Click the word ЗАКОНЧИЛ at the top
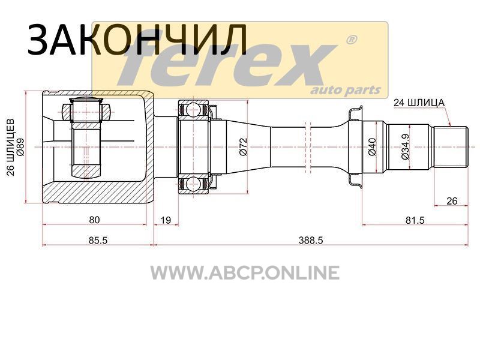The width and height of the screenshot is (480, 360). click(137, 40)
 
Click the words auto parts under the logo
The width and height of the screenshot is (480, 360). click(346, 91)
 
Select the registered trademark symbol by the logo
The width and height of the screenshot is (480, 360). click(351, 40)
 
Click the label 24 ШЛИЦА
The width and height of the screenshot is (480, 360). click(419, 103)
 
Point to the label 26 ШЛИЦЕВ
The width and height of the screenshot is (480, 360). click(11, 147)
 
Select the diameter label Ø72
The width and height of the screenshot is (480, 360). click(244, 147)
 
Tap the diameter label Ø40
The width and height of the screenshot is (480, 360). click(372, 146)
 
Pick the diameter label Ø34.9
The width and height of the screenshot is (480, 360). click(404, 146)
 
